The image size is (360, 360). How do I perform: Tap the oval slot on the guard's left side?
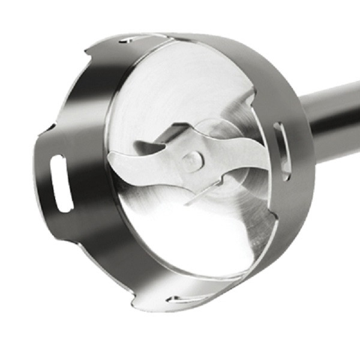click(x=62, y=182)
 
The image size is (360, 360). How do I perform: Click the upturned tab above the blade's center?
click(x=171, y=133)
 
